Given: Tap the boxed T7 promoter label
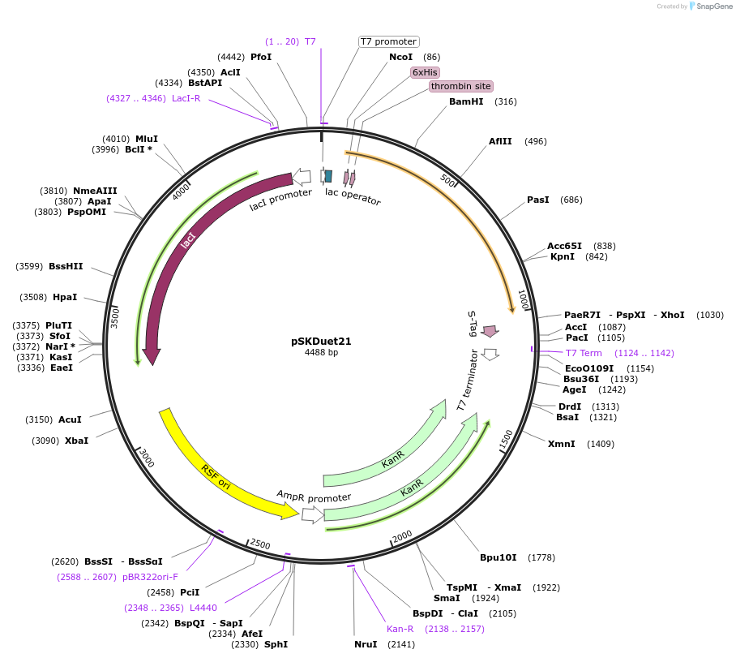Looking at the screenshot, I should [389, 41].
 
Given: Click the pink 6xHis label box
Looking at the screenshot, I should [425, 72].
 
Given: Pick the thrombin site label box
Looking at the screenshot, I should [460, 86].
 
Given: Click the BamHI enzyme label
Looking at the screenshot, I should [466, 101].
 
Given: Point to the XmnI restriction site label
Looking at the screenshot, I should [561, 444].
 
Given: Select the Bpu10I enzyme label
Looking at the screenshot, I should [498, 557].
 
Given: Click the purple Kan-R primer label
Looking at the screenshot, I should [400, 629].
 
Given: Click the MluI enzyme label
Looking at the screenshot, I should [147, 139].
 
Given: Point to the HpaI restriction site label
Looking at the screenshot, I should [65, 297].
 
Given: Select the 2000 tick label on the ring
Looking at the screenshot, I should [403, 538].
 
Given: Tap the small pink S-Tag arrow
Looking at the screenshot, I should [490, 331].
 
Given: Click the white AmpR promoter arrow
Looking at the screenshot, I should [312, 514].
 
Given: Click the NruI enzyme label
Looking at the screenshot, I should [366, 644].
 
